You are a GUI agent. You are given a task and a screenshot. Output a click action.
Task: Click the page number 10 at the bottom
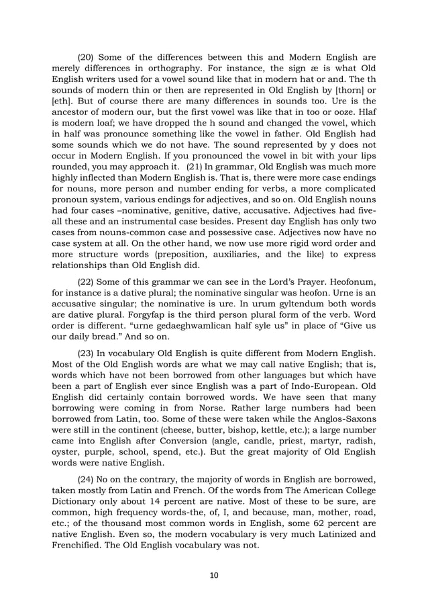(x=213, y=574)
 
